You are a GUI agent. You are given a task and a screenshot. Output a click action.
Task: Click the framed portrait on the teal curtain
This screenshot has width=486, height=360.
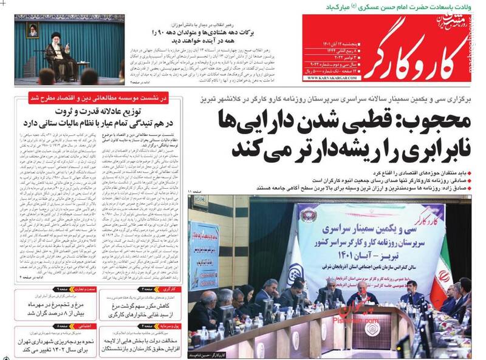(x=31, y=31)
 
